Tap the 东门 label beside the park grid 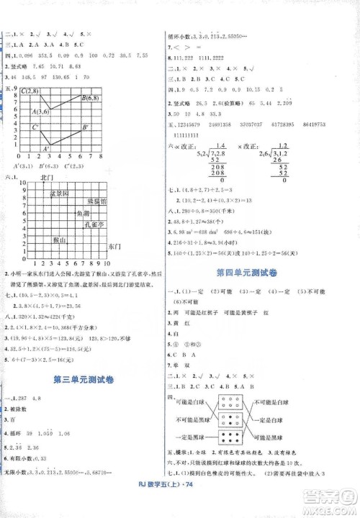click(x=121, y=247)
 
